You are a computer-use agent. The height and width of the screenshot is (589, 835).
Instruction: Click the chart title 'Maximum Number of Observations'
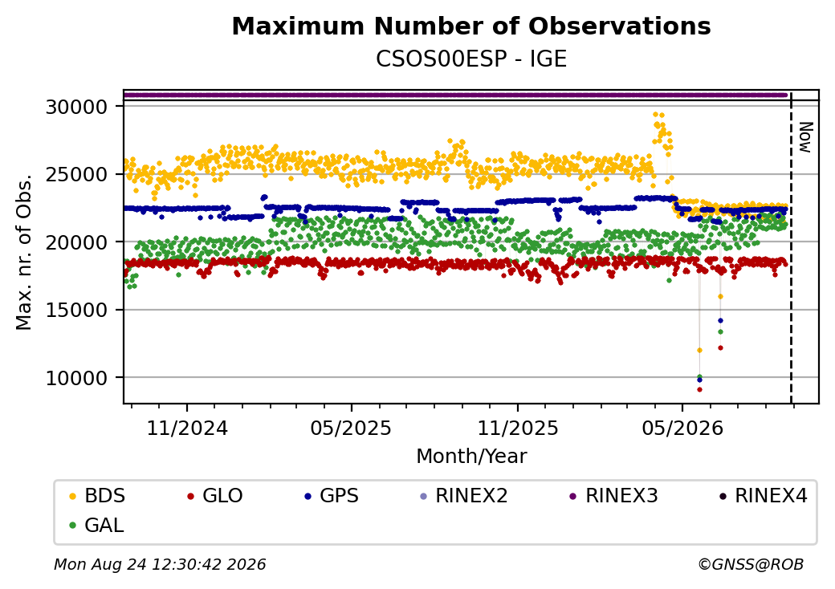click(471, 26)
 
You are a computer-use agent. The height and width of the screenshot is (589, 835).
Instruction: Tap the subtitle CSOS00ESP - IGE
click(471, 59)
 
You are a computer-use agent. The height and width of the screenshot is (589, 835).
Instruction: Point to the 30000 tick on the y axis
click(77, 107)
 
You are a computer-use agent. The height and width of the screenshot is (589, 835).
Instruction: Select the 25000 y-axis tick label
click(77, 174)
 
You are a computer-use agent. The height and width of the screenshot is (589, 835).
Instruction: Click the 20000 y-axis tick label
click(77, 242)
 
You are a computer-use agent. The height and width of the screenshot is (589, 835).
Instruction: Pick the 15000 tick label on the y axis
click(77, 310)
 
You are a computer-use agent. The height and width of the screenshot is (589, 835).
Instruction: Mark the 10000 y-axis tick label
click(77, 378)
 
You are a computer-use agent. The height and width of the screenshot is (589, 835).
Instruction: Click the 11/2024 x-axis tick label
click(187, 429)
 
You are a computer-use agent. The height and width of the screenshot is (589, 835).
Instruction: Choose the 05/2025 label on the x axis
click(351, 429)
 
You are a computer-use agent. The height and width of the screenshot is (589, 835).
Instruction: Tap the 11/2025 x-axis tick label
click(518, 429)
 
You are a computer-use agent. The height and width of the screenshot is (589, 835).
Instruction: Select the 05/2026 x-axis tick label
click(682, 429)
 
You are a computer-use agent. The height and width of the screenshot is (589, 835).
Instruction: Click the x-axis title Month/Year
click(471, 456)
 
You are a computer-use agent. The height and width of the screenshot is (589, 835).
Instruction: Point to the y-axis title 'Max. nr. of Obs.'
click(24, 251)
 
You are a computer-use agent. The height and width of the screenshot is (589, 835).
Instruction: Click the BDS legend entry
click(97, 496)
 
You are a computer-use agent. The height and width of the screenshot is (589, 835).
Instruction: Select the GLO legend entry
click(215, 496)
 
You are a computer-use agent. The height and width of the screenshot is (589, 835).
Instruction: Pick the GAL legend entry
click(97, 525)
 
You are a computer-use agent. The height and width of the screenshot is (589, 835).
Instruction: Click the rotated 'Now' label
click(806, 137)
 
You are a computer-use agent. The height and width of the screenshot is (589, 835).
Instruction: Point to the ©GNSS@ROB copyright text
click(751, 564)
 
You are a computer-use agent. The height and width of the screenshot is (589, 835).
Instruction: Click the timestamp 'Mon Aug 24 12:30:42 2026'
click(160, 564)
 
